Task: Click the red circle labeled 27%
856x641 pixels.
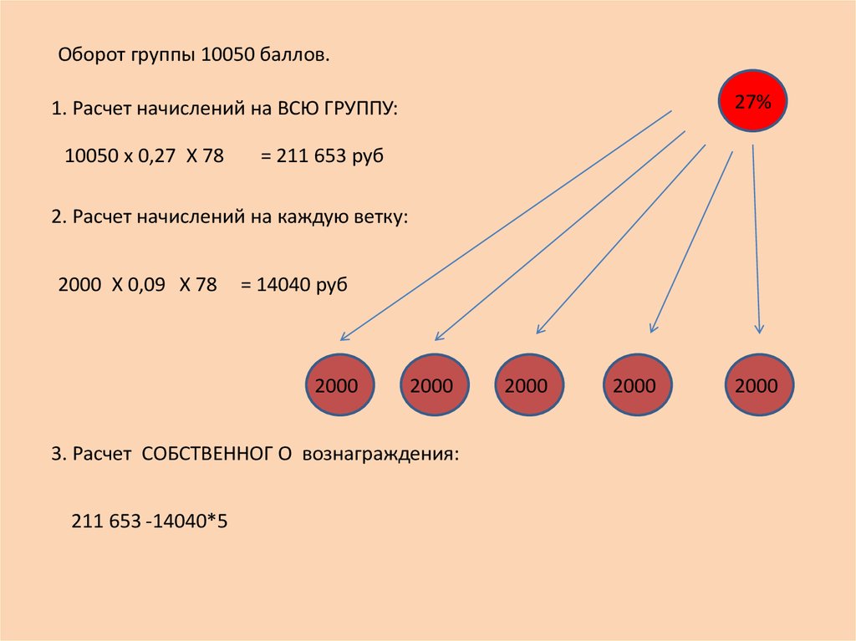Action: click(x=752, y=101)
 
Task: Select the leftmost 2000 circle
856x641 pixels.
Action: click(x=339, y=385)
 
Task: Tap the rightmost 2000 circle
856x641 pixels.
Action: click(x=759, y=385)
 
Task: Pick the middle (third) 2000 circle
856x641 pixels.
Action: click(x=529, y=385)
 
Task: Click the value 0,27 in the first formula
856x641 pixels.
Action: click(x=156, y=156)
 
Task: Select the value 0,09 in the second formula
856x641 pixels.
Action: click(x=146, y=285)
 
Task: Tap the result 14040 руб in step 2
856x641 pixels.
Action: click(x=302, y=285)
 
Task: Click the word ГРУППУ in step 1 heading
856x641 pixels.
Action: click(x=358, y=108)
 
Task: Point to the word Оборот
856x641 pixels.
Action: click(x=92, y=55)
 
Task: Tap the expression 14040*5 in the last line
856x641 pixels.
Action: click(x=190, y=521)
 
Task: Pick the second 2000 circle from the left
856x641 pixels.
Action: click(x=435, y=385)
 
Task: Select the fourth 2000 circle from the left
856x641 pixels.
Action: click(x=638, y=385)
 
